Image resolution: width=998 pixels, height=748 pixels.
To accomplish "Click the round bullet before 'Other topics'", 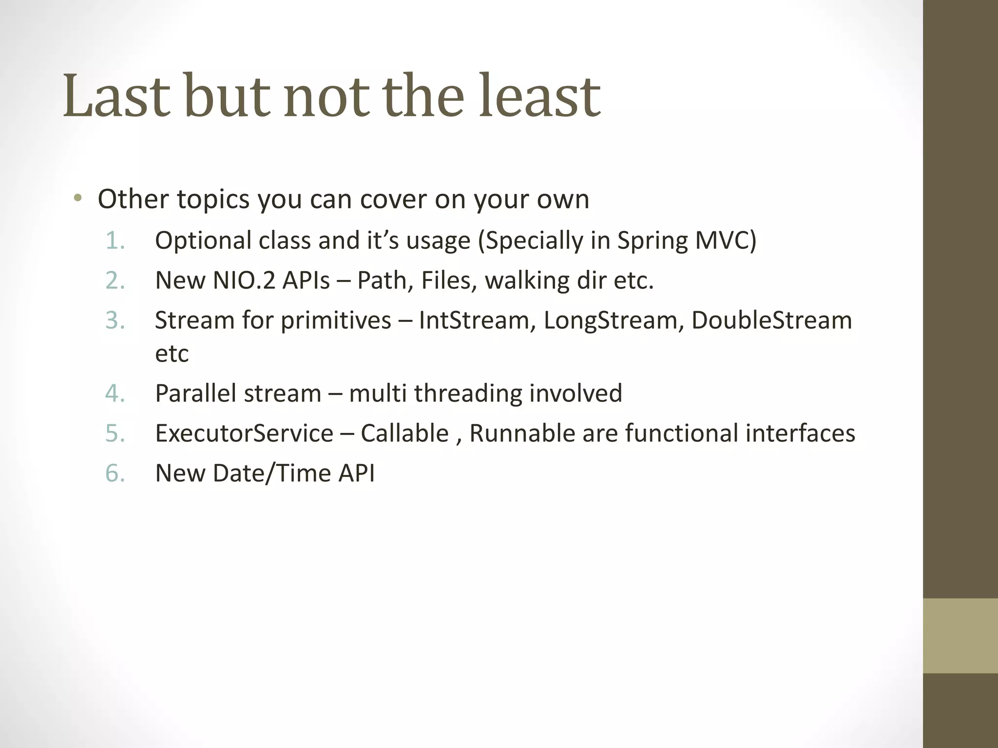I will point(77,199).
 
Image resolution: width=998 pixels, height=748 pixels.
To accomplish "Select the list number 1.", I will point(115,241).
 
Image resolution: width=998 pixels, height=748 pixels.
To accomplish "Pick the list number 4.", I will point(115,393).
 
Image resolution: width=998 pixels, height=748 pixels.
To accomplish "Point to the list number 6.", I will point(115,473).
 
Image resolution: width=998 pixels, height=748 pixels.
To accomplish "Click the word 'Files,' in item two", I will point(448,280).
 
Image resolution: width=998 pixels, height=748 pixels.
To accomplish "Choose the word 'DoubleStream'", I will point(771,320).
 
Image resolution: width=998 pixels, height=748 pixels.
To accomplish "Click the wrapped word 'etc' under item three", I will point(172,354).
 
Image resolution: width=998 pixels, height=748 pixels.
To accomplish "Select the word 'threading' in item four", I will point(468,393).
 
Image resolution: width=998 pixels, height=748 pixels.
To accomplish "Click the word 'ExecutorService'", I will point(244,433).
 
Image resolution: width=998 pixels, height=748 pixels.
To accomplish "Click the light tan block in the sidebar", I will point(960,636).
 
